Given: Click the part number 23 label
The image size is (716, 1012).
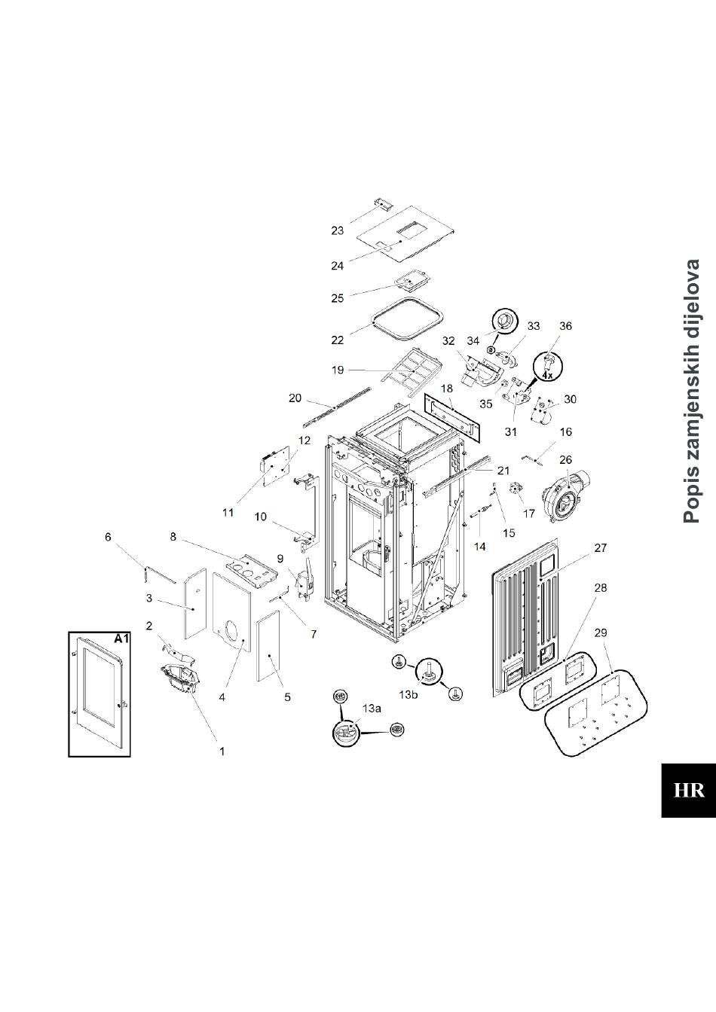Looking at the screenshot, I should tap(337, 230).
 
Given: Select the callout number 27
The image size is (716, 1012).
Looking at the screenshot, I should tap(600, 548).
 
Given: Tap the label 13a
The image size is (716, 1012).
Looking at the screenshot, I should tap(372, 709).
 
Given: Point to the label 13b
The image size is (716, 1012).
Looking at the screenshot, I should tap(408, 693).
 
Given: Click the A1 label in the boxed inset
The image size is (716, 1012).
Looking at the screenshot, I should tap(122, 639).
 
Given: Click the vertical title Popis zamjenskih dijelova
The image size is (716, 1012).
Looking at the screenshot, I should tap(692, 391).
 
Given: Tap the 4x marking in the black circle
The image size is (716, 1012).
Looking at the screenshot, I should tap(548, 374).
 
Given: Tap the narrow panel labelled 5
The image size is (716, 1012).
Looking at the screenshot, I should tap(268, 646).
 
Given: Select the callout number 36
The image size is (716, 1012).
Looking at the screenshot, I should tap(565, 326).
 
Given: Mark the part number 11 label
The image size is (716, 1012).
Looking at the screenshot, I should tap(228, 513).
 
